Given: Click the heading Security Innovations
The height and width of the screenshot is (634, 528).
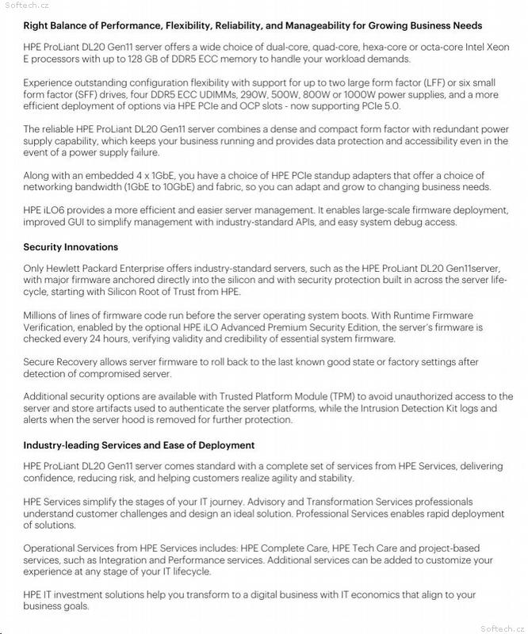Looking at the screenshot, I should [71, 247].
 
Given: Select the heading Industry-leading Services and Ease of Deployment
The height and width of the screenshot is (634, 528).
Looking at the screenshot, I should [139, 445].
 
